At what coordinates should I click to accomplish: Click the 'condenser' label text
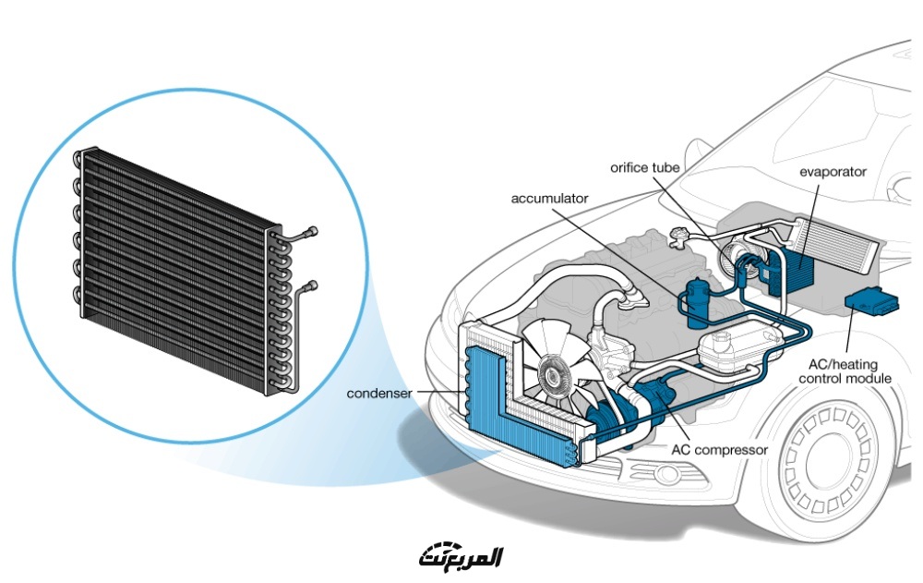point(377,393)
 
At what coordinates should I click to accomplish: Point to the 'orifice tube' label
point(645,167)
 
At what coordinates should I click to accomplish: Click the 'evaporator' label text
point(833,172)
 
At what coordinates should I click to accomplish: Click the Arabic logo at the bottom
point(461,557)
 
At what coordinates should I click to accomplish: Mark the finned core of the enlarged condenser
point(175,268)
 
